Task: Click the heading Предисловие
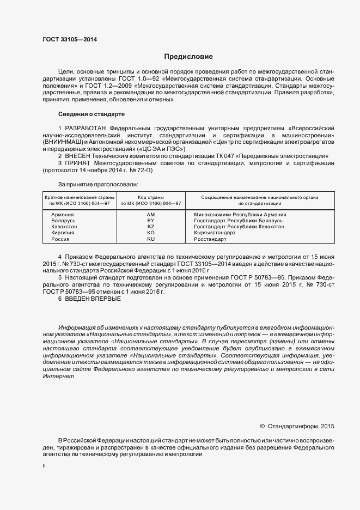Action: [x=188, y=57]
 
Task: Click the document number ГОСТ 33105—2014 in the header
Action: [x=70, y=39]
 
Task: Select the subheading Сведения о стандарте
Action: [x=91, y=114]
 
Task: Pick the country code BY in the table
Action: [x=151, y=221]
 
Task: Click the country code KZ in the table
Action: [x=151, y=227]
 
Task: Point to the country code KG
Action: [x=151, y=233]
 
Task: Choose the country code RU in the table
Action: [x=151, y=239]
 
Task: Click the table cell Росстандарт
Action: [x=211, y=239]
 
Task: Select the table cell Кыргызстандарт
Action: [x=215, y=233]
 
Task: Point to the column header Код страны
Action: [x=151, y=197]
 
